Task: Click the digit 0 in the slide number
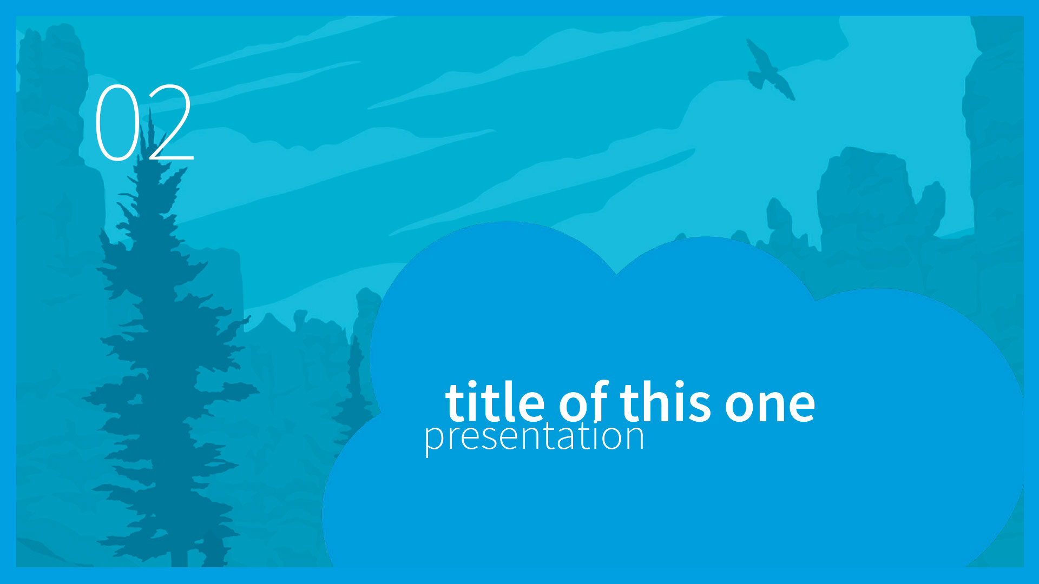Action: point(117,122)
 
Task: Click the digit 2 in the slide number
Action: point(169,122)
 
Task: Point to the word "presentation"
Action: point(534,437)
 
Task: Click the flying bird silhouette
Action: point(770,70)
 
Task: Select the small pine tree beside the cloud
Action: point(354,389)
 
